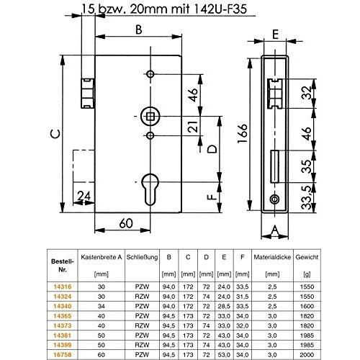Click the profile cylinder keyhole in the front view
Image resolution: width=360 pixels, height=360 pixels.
[150, 189]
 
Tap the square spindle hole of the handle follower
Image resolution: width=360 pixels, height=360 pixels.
[150, 117]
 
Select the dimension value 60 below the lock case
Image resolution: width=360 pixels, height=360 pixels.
[126, 223]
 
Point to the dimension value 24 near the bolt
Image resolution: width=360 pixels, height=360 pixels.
[84, 196]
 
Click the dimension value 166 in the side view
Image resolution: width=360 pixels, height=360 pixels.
[243, 133]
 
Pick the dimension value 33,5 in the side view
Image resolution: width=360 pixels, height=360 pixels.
[307, 197]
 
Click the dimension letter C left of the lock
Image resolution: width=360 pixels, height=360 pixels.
[55, 133]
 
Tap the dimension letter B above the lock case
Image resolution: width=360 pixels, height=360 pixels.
[139, 30]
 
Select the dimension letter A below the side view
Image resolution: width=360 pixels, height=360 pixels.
[275, 230]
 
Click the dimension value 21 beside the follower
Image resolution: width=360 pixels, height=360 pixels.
[194, 126]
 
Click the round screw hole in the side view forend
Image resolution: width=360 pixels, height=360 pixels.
[274, 199]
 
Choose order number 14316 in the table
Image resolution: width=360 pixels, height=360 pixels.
[63, 287]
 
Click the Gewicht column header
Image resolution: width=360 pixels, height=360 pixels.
[307, 257]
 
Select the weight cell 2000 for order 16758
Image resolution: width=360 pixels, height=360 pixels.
[307, 355]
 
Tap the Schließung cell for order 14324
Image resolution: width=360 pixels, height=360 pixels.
[142, 297]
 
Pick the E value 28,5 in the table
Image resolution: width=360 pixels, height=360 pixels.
[224, 306]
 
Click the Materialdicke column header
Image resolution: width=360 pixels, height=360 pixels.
[272, 257]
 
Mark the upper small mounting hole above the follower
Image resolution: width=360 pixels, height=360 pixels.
[150, 74]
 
